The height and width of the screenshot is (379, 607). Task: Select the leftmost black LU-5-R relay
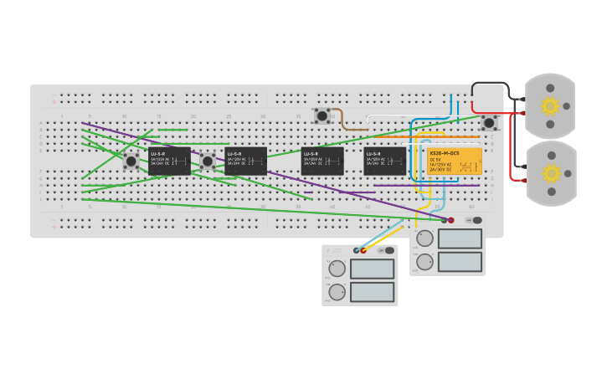point(169,161)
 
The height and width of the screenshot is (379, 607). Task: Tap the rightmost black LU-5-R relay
point(384,161)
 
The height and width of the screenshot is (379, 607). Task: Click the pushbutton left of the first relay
point(131,161)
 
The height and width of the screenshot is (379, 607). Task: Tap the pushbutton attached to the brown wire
point(322,116)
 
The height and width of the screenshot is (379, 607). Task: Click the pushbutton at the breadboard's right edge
point(489,123)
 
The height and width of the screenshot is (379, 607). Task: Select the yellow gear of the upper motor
point(550,106)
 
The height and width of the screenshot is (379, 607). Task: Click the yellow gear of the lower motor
point(551,173)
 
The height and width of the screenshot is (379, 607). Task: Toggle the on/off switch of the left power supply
point(389,250)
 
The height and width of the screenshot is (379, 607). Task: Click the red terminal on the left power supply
point(363,250)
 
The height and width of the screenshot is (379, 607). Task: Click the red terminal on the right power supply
point(450,220)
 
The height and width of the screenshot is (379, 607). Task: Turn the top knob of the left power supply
point(337,269)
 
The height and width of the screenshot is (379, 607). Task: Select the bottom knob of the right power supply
point(425,262)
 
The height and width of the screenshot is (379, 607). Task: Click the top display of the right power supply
point(460,238)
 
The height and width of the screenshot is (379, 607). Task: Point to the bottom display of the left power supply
point(372,292)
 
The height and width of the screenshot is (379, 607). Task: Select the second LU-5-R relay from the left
point(245,161)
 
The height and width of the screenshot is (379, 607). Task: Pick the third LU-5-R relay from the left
point(322,161)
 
